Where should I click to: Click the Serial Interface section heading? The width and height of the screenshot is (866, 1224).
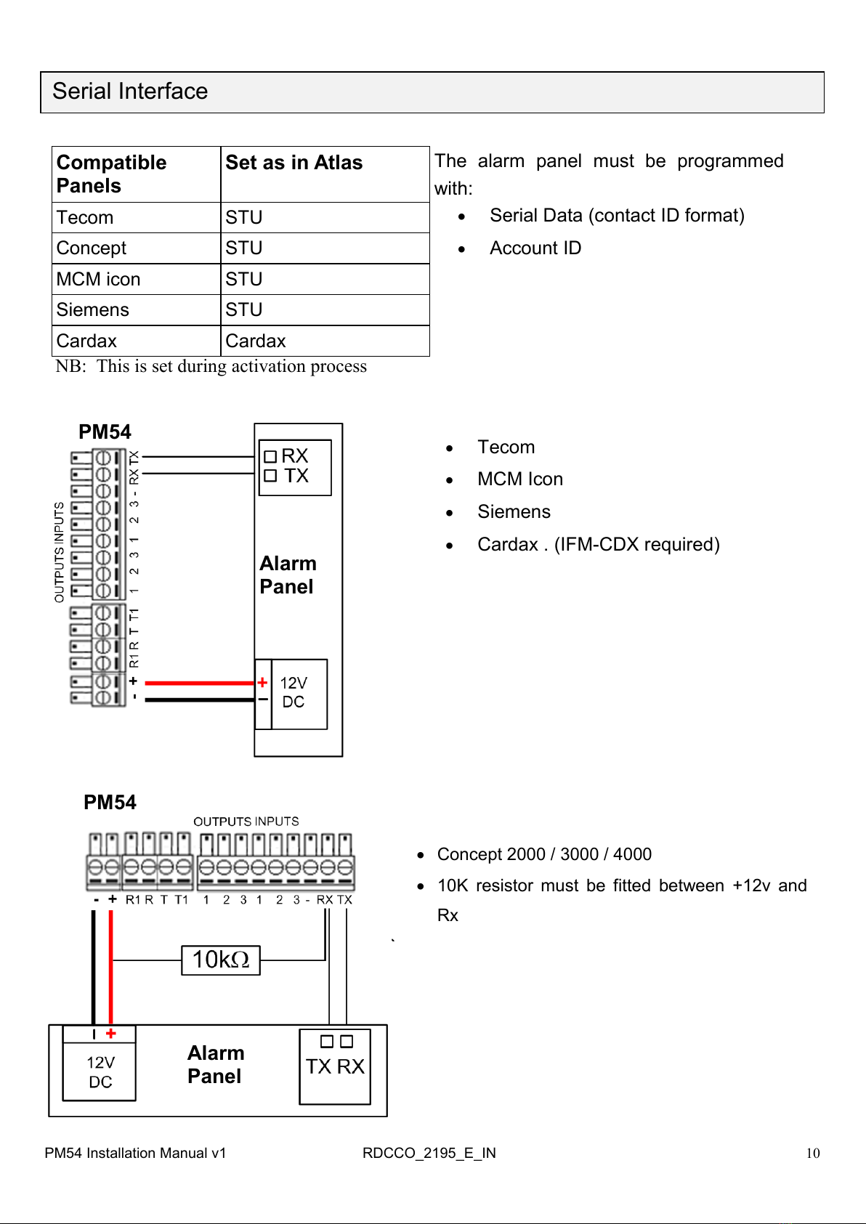click(x=131, y=92)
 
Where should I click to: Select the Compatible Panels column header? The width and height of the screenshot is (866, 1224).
click(x=111, y=174)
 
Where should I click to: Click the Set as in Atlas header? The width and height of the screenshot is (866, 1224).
click(x=294, y=163)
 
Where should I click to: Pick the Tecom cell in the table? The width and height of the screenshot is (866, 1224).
click(x=85, y=218)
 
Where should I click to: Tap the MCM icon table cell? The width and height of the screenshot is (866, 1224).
click(x=99, y=280)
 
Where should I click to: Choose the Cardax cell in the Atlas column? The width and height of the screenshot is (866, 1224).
click(x=256, y=341)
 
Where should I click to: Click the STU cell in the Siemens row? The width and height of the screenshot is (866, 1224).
click(x=244, y=310)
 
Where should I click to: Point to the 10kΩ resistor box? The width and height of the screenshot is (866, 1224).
click(x=221, y=960)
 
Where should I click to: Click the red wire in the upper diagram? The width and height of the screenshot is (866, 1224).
click(x=200, y=683)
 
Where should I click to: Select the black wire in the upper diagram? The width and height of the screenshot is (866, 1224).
click(x=200, y=700)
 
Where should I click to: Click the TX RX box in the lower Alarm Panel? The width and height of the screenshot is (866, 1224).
click(x=335, y=1066)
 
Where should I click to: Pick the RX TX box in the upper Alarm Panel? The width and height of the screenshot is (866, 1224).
click(x=295, y=466)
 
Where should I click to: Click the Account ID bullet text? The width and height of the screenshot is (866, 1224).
click(x=535, y=248)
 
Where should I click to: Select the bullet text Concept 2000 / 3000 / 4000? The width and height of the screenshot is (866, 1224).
click(x=544, y=854)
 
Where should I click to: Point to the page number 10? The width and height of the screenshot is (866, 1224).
click(x=812, y=1153)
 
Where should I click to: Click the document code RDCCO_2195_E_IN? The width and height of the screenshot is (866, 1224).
click(x=429, y=1153)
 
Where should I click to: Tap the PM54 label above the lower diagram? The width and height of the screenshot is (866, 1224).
click(x=110, y=803)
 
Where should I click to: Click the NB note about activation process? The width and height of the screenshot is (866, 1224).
click(x=211, y=366)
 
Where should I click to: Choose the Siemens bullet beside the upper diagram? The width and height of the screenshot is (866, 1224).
click(x=514, y=512)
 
